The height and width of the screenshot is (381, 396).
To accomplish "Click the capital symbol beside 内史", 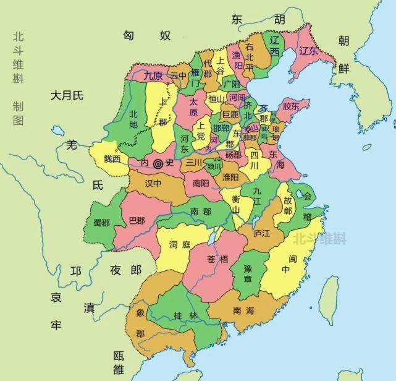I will point(159,164).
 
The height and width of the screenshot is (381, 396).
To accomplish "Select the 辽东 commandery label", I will point(308,51).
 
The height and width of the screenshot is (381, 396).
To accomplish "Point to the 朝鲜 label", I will point(343,54).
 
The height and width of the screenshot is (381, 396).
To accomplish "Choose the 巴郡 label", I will point(137,221).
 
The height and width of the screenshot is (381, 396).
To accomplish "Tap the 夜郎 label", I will point(125,270).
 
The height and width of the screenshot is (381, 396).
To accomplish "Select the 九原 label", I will point(154,76).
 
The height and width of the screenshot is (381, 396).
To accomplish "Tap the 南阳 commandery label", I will point(201,183).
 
